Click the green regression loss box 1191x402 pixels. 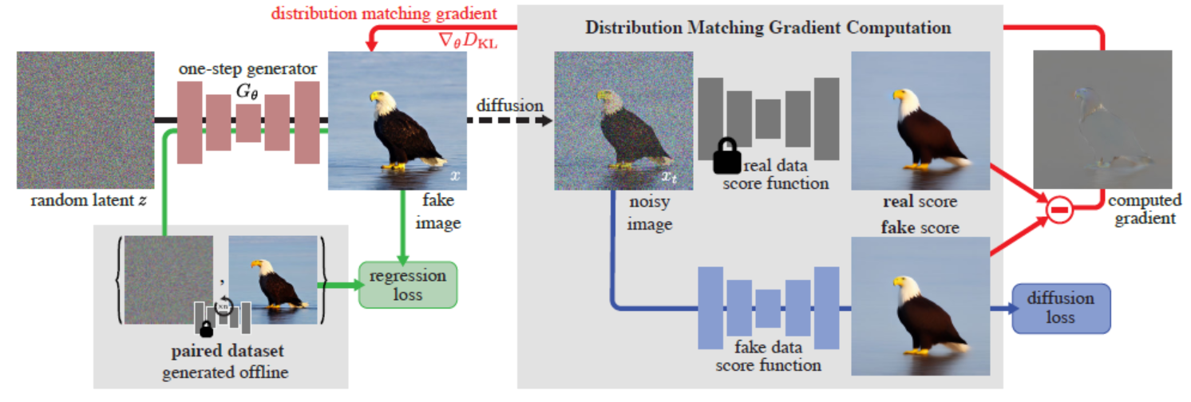click(407, 285)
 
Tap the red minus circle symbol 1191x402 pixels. click(1058, 211)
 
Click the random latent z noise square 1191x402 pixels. click(85, 120)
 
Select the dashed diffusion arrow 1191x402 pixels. click(508, 120)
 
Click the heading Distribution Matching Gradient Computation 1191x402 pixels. click(768, 27)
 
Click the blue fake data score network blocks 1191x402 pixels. click(769, 307)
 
